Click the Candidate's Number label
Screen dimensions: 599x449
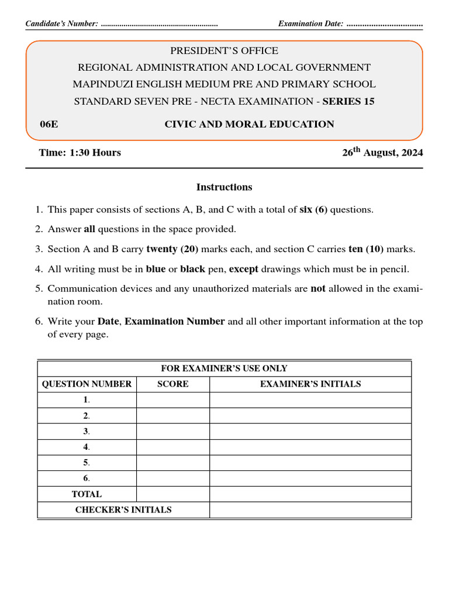coord(61,24)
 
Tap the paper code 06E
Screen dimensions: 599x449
coord(49,124)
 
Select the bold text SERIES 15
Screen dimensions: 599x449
coord(348,101)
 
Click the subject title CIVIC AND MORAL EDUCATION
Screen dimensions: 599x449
coord(249,124)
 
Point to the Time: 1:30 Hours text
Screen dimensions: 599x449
coord(80,153)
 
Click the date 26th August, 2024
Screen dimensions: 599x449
coord(382,153)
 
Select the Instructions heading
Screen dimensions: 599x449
coord(224,187)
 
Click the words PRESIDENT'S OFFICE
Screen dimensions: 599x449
coord(224,51)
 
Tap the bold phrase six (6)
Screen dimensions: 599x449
coord(315,209)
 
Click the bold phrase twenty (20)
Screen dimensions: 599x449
coord(172,249)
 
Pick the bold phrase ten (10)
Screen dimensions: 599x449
coord(366,249)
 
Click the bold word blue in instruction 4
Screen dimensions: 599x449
coord(156,269)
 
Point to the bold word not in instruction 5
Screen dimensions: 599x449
coord(318,288)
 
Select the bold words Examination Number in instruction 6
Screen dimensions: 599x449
coord(175,321)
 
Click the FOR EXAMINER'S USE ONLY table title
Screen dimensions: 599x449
coord(224,369)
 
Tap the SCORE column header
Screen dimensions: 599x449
coord(173,384)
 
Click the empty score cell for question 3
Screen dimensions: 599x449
coord(173,431)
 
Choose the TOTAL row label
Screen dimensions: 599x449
coord(87,494)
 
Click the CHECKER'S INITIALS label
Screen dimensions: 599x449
coord(123,510)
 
